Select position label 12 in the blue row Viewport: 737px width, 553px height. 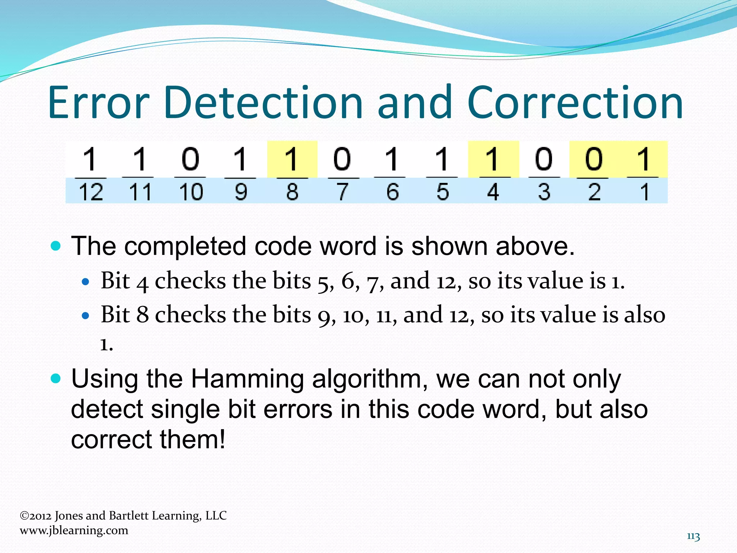(91, 192)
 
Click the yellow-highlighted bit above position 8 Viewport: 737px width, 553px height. (292, 159)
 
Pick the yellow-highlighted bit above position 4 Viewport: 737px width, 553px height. (493, 159)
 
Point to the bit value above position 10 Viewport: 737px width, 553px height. (190, 159)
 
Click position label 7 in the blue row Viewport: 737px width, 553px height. (342, 192)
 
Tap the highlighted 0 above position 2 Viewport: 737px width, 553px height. (594, 159)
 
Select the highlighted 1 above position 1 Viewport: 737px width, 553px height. (644, 159)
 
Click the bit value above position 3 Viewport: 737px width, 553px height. (543, 159)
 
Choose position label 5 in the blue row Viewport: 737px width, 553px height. (443, 192)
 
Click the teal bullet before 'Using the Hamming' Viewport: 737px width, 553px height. (56, 378)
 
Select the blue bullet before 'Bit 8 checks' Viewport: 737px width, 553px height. (85, 316)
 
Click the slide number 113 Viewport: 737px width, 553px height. (693, 536)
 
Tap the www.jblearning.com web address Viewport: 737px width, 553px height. (74, 530)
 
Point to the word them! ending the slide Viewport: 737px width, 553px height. (193, 440)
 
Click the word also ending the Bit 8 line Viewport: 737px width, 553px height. (644, 315)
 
